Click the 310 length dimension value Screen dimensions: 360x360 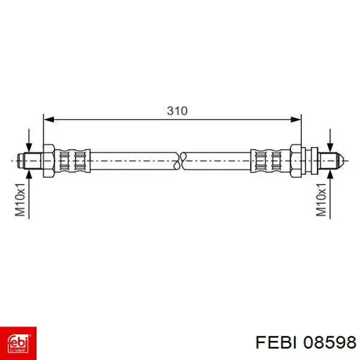(177, 111)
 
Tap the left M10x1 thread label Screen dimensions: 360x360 (20, 200)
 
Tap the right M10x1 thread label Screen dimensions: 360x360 (321, 200)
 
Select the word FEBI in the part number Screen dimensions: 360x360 (276, 343)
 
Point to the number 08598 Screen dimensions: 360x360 (330, 343)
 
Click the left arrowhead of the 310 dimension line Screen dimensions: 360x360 (49, 119)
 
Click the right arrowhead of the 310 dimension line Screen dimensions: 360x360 (296, 119)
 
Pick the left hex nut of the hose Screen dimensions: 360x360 (49, 160)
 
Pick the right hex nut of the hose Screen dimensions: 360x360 (296, 160)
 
